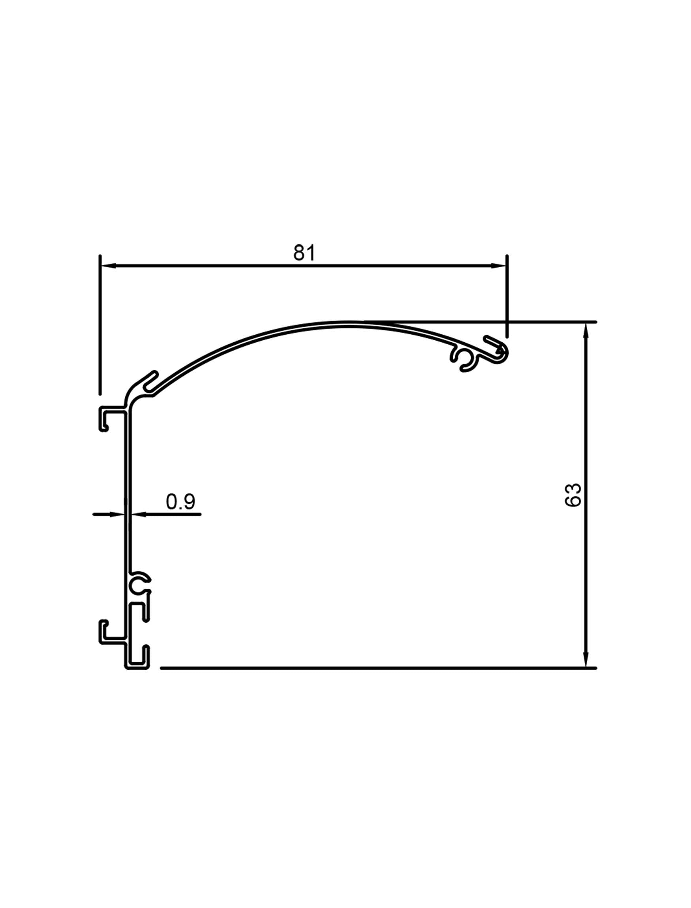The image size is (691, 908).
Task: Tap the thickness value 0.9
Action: pyautogui.click(x=180, y=501)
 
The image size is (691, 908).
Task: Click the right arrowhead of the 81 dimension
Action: pyautogui.click(x=498, y=266)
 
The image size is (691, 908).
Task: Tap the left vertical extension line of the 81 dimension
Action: pyautogui.click(x=100, y=325)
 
